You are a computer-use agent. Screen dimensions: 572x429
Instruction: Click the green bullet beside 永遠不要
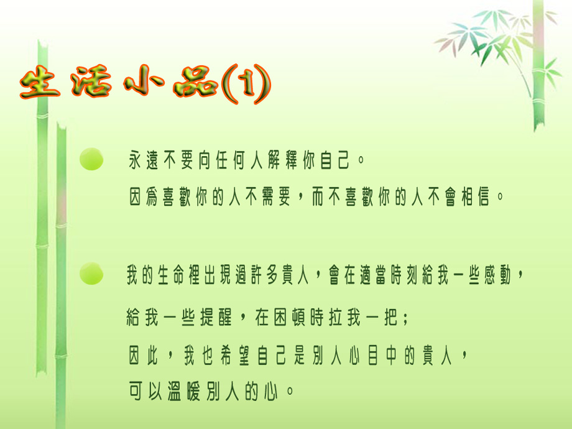tap(91, 159)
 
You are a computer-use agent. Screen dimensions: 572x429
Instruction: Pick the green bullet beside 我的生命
tap(91, 273)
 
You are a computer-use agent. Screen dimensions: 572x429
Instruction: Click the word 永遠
tap(144, 160)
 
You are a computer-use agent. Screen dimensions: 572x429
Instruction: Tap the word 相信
tap(476, 197)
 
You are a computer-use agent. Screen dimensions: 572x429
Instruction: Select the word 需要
tap(276, 197)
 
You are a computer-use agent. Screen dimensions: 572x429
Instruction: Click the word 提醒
tap(216, 317)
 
